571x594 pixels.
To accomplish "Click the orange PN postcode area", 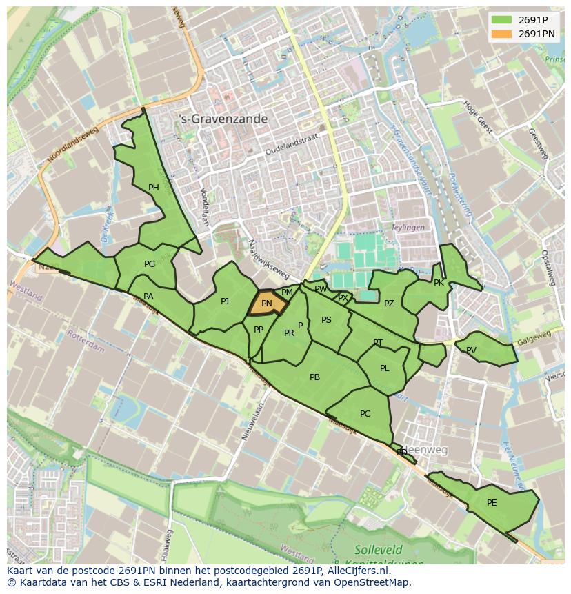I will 267,304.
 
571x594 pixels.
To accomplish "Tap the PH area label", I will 153,188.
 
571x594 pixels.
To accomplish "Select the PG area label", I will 150,264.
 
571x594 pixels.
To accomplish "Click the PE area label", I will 492,503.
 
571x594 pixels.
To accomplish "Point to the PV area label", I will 471,350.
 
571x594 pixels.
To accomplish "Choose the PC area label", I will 365,414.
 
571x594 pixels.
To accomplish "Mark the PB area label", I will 314,377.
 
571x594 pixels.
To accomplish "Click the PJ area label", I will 225,301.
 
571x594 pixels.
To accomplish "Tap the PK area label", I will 439,283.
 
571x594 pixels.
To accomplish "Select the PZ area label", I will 389,304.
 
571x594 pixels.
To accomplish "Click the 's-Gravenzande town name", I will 223,119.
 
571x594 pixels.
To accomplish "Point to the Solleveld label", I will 378,550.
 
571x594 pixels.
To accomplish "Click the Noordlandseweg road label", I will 72,147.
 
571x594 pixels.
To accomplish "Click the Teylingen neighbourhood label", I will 408,227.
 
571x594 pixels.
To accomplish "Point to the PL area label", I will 384,368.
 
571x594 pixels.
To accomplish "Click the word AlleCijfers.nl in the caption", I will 357,571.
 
